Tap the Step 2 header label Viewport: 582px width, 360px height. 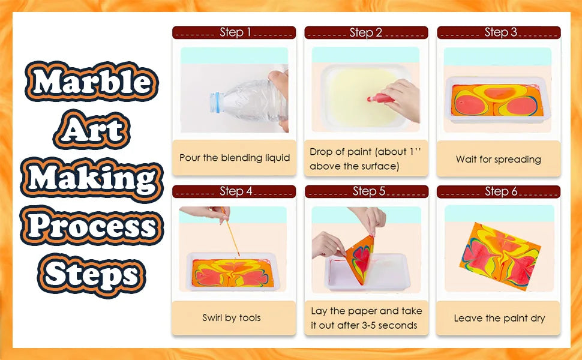pos(366,32)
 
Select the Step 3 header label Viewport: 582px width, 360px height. pos(500,32)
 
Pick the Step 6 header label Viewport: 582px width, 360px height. pos(500,191)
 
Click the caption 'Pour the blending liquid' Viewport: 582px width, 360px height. pos(235,158)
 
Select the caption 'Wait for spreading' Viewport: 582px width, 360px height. pos(498,159)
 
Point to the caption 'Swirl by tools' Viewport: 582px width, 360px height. pos(232,317)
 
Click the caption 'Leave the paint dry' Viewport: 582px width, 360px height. pos(499,318)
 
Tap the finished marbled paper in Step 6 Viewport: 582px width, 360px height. pos(502,254)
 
